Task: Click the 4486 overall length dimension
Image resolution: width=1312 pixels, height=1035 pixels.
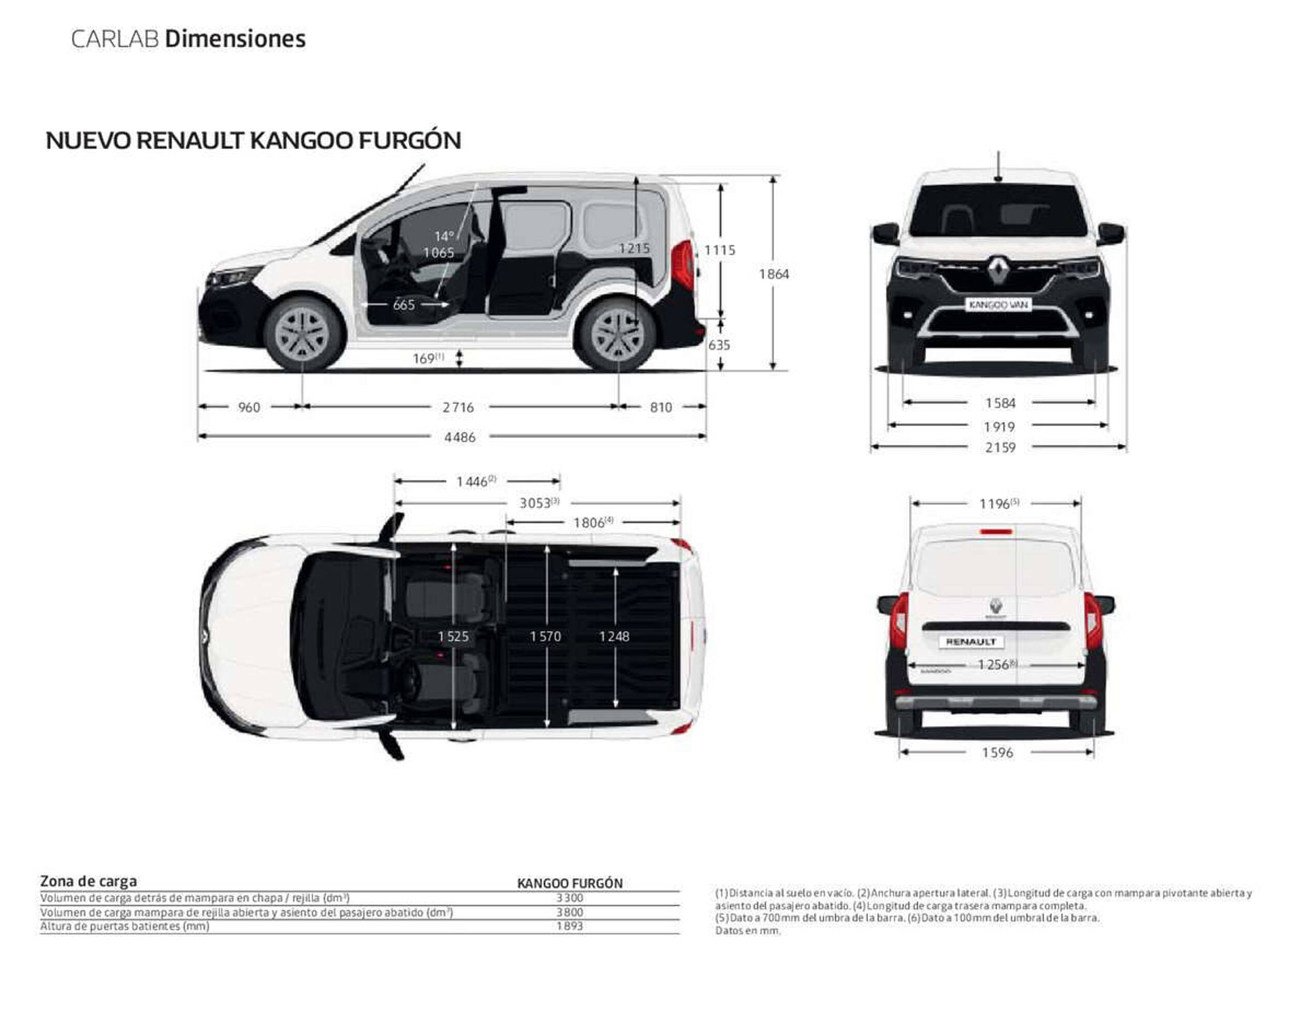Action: (x=460, y=437)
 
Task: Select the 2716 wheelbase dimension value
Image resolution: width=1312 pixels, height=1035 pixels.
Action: (x=458, y=407)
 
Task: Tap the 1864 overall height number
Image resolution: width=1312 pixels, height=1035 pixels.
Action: (x=774, y=274)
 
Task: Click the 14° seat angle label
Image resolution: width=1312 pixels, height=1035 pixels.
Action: (x=444, y=236)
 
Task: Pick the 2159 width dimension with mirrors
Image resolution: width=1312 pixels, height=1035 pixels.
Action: (x=999, y=447)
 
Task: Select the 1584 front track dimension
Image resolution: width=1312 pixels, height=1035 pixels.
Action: (x=999, y=403)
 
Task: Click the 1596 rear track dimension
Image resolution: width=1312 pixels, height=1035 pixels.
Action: (x=997, y=752)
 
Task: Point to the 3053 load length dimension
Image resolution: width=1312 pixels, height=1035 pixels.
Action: (x=539, y=502)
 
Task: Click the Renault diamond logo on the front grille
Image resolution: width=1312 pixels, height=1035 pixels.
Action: (x=997, y=270)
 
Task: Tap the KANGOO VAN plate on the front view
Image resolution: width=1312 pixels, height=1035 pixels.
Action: (x=997, y=304)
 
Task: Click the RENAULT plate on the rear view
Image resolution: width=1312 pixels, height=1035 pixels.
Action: (x=971, y=642)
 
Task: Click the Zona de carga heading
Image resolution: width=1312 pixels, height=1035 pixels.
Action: (x=89, y=881)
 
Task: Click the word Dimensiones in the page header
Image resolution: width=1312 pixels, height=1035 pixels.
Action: (x=235, y=39)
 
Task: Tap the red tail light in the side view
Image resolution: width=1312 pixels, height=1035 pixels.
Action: (x=683, y=264)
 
